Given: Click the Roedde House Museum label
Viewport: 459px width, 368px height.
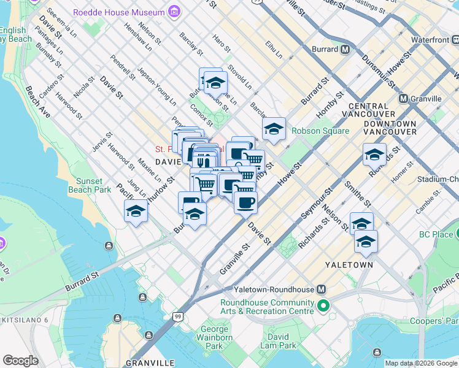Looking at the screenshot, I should coord(118,12).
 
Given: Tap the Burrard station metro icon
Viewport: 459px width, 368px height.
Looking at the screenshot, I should coord(345,49).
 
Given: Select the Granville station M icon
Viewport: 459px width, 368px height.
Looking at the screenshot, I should coord(404,99).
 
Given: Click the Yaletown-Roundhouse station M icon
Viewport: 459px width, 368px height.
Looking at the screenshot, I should coord(322,289).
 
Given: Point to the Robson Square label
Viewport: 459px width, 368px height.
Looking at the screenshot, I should coord(320,131).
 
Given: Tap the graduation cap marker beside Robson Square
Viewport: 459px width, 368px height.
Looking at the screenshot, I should coord(274,129).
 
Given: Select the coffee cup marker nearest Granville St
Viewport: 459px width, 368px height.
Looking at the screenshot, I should coord(245,203).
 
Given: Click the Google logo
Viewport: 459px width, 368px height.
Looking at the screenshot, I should coord(20,361).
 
